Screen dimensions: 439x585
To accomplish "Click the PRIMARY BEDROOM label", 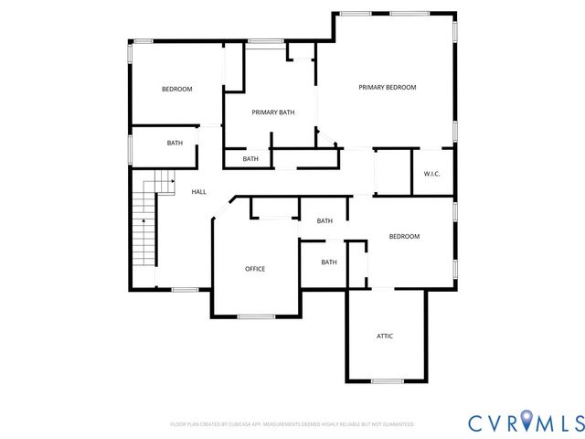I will coord(387,88).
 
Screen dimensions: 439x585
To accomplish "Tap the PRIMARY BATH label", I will coord(273,112).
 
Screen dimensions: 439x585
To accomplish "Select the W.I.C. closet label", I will coord(431,174).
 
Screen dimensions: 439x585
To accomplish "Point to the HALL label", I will coord(198,192).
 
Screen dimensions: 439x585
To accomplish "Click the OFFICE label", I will coord(255,269).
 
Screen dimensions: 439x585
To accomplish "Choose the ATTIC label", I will coord(385,337).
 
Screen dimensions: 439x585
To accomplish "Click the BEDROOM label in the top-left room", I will coord(176,89).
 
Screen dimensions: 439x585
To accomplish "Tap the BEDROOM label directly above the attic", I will coord(404,237).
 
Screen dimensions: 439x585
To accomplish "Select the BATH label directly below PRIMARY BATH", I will coord(250,159).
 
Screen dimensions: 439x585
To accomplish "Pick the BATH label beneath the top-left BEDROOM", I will coord(175,144).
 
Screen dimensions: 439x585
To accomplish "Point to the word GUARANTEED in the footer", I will coord(398,424).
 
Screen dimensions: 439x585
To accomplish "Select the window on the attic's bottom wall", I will coord(387,380).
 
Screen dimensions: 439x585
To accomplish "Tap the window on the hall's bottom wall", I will coord(186,289).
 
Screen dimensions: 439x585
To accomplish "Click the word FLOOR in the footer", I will coord(178,424).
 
